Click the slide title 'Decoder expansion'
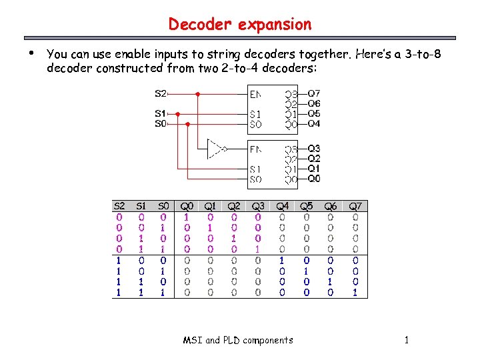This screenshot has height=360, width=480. (239, 25)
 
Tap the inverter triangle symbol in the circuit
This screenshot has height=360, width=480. (215, 149)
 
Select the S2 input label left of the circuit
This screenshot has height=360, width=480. (161, 94)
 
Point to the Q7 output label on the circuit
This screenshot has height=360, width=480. (313, 94)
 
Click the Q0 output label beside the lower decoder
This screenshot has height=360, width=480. (313, 179)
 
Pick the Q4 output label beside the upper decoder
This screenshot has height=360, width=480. (313, 124)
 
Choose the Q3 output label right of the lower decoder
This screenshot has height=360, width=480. (313, 149)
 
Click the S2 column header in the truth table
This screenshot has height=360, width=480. (119, 206)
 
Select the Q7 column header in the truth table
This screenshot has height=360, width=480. (355, 206)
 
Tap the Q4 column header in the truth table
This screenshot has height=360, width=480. (282, 206)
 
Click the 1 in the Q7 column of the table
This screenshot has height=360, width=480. (355, 292)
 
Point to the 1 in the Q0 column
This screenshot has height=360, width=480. (186, 217)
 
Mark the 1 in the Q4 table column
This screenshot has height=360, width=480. (282, 260)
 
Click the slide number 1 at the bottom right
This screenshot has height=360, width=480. (406, 340)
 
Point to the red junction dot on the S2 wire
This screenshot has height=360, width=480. (198, 94)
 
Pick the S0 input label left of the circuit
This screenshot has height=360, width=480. (161, 124)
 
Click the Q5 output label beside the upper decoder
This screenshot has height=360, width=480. (313, 114)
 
